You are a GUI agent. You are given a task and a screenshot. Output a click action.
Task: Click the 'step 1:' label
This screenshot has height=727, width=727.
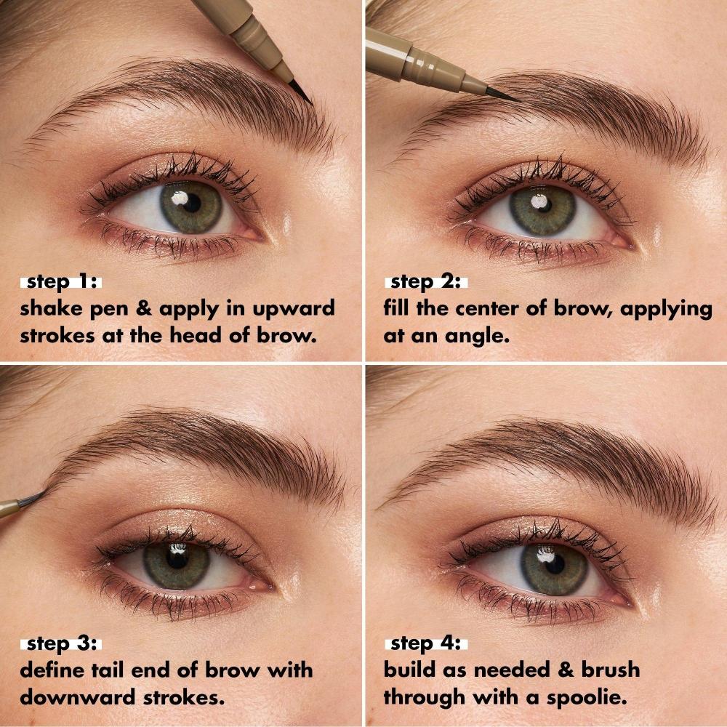62,282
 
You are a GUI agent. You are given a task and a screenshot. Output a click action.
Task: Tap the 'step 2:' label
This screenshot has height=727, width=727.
426,282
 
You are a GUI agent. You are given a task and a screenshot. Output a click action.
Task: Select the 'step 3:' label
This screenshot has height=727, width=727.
62,644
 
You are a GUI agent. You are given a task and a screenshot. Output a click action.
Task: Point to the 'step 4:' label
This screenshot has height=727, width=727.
426,644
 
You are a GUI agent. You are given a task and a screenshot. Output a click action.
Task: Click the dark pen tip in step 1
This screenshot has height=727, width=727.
300,92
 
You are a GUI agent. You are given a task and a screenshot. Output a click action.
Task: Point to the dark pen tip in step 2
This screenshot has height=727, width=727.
502,93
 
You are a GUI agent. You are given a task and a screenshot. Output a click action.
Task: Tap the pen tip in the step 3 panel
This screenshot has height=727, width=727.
33,499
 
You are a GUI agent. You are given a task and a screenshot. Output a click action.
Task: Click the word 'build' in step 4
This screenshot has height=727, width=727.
411,670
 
